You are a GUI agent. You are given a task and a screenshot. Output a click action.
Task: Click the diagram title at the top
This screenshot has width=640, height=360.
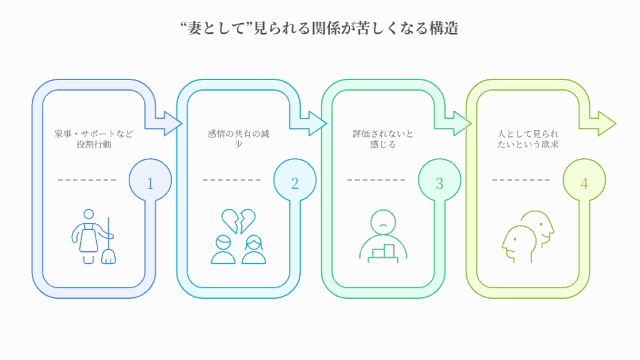click(319, 28)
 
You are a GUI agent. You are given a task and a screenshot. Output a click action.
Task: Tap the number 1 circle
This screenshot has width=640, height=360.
click(149, 183)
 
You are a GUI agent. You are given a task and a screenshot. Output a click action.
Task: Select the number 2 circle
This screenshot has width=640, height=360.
click(294, 183)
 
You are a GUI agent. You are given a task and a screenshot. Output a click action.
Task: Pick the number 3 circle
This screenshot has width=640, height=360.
click(439, 183)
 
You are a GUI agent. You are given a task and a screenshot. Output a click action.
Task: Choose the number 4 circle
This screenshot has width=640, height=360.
click(584, 183)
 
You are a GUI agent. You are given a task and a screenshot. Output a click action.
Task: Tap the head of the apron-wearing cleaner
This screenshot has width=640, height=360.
click(88, 215)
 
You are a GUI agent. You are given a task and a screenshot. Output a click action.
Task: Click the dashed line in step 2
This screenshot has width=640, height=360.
click(231, 181)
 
